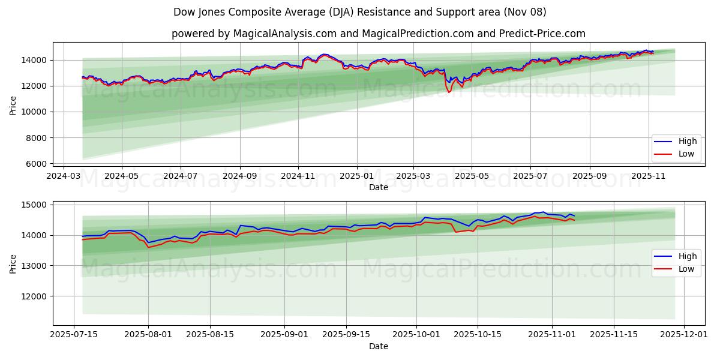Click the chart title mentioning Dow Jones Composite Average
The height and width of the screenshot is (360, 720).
tap(360, 12)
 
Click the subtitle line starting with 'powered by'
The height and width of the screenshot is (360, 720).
tap(379, 34)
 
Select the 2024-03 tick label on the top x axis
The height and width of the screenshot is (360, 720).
tap(64, 176)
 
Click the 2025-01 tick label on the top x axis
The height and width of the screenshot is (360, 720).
tap(357, 176)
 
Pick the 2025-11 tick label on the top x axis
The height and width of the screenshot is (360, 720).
tap(648, 176)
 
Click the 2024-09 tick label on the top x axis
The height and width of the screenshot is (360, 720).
tap(240, 176)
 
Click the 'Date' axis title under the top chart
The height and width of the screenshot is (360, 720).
tap(379, 187)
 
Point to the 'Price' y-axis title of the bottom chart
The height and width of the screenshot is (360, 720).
tap(13, 263)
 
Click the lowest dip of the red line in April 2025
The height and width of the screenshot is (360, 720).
tap(448, 92)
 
